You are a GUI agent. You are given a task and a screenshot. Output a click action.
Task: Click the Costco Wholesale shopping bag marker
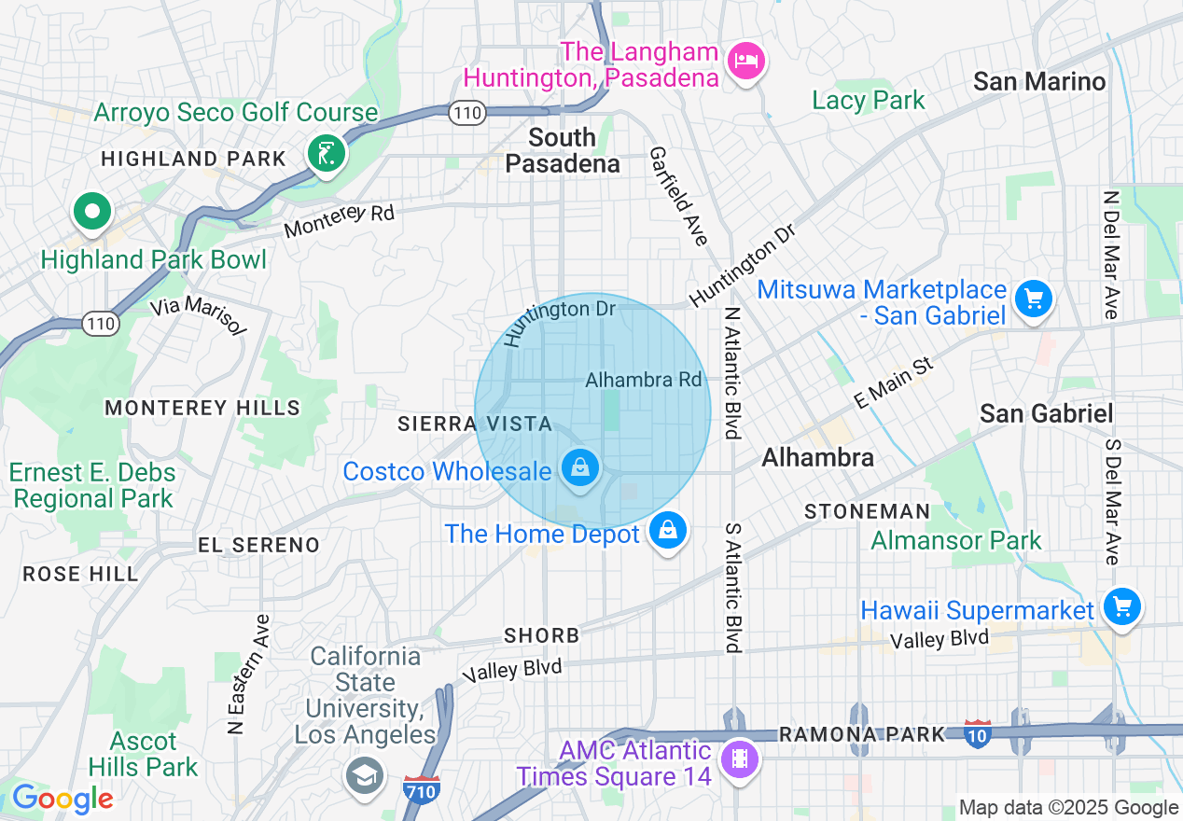click(x=580, y=467)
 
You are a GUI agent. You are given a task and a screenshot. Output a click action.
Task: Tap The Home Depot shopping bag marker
click(x=667, y=531)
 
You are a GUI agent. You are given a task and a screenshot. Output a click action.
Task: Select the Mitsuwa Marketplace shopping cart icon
click(x=1033, y=299)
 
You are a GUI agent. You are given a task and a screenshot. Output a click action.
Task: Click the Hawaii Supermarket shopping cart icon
click(x=1121, y=607)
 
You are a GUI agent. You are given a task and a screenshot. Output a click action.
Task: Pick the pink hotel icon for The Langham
click(x=745, y=62)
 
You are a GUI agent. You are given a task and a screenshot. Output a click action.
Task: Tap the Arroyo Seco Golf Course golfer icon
click(x=326, y=153)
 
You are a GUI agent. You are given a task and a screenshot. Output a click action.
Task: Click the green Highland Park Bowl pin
click(x=92, y=212)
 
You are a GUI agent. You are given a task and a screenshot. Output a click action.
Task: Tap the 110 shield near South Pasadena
click(x=465, y=112)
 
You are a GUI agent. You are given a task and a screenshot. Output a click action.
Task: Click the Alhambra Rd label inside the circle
click(x=643, y=380)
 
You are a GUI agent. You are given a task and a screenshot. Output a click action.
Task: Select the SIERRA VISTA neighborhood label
click(x=475, y=424)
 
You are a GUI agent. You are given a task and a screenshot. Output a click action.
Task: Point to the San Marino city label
click(x=1038, y=81)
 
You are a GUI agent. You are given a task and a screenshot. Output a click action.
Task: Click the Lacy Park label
click(x=868, y=100)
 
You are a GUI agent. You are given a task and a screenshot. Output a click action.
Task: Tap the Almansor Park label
click(x=956, y=540)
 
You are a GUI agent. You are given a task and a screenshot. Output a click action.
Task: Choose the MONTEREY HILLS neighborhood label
click(x=202, y=408)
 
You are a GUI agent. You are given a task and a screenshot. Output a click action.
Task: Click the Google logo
click(x=62, y=799)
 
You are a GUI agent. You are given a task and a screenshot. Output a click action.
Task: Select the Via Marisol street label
click(x=198, y=315)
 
